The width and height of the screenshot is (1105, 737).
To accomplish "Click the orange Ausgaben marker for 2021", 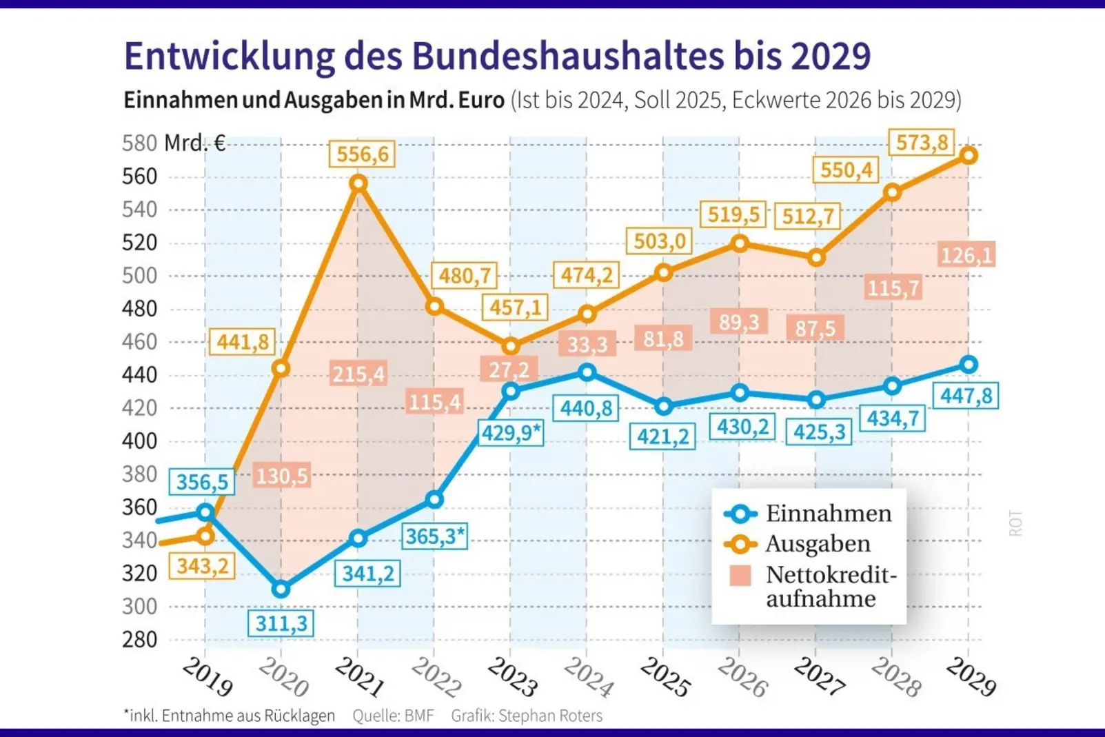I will pyautogui.click(x=358, y=183).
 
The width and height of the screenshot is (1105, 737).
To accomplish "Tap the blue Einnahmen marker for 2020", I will pyautogui.click(x=281, y=589).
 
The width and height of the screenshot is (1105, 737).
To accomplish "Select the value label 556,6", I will pyautogui.click(x=362, y=154).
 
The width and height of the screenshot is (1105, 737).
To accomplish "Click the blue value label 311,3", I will pyautogui.click(x=281, y=623).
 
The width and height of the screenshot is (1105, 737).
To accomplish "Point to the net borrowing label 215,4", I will pyautogui.click(x=358, y=374).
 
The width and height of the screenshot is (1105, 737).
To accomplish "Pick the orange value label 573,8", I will pyautogui.click(x=922, y=143).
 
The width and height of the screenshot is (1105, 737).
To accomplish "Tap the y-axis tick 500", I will pyautogui.click(x=140, y=276).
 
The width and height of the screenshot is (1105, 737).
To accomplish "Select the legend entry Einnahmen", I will pyautogui.click(x=828, y=514).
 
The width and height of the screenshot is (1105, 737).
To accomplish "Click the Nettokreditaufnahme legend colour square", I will pyautogui.click(x=740, y=576).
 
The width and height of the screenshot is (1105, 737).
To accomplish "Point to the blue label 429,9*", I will pyautogui.click(x=511, y=433).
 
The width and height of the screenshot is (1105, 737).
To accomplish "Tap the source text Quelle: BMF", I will pyautogui.click(x=393, y=716).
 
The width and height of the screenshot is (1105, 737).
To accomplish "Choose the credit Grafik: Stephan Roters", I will pyautogui.click(x=527, y=716).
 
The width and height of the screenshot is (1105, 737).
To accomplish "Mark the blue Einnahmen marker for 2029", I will pyautogui.click(x=969, y=365).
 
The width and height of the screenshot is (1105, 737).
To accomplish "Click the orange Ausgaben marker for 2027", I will pyautogui.click(x=816, y=258).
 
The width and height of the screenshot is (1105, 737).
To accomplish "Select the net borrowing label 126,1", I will pyautogui.click(x=966, y=256).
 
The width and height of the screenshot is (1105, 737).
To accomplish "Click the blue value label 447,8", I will pyautogui.click(x=966, y=396).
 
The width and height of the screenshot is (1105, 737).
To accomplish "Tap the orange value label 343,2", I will pyautogui.click(x=202, y=566).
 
